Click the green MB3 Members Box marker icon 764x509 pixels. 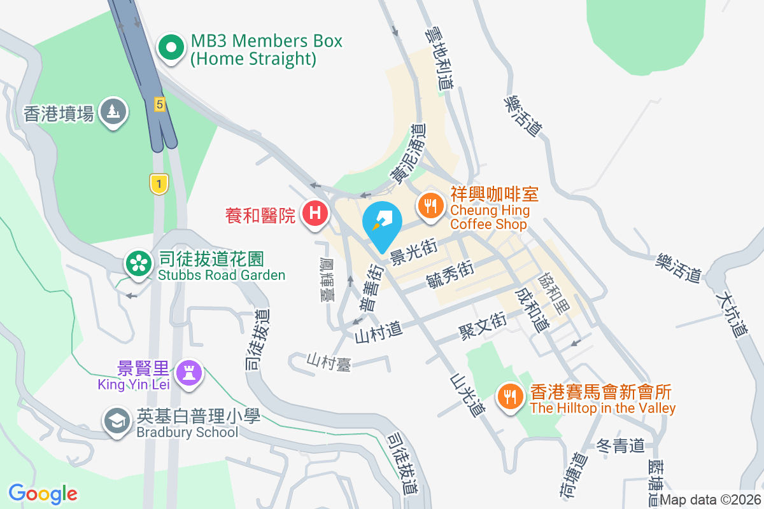pos(171,49)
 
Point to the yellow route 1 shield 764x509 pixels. pos(159,185)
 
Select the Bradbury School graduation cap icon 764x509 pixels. pos(117,422)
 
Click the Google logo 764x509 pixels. pos(43,493)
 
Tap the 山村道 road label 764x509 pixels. pos(379,330)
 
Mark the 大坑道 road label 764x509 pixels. pos(732,314)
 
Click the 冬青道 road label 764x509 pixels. pos(621,445)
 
